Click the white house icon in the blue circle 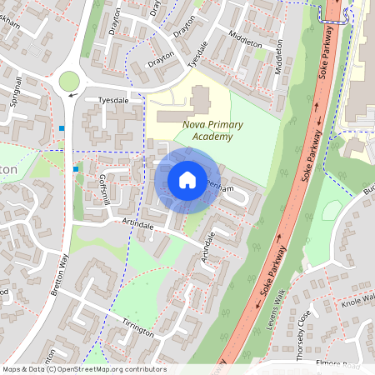pyautogui.click(x=187, y=180)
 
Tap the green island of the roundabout pyautogui.click(x=68, y=81)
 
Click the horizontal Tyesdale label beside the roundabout pyautogui.click(x=115, y=99)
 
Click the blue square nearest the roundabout pyautogui.click(x=62, y=127)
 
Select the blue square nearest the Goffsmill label pyautogui.click(x=76, y=169)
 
